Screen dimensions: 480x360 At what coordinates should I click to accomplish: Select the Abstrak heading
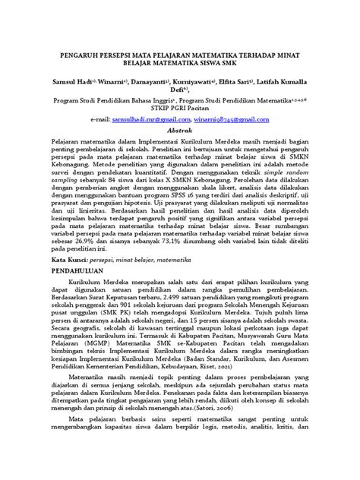pyautogui.click(x=179, y=131)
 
